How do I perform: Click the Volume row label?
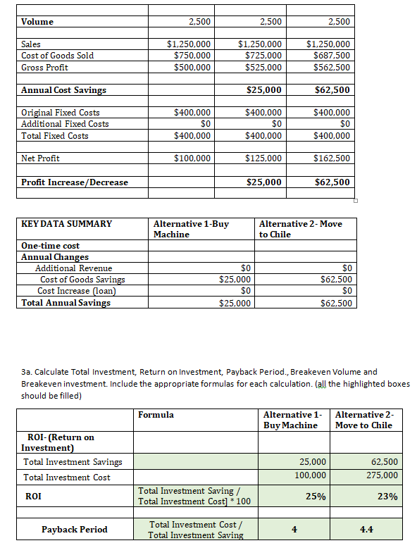click(x=37, y=22)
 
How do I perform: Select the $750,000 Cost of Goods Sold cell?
click(x=192, y=56)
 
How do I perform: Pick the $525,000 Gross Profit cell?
click(x=262, y=68)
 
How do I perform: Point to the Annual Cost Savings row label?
click(x=63, y=90)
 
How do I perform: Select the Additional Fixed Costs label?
click(x=65, y=124)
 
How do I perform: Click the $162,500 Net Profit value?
click(x=331, y=158)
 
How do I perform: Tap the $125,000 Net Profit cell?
click(x=262, y=158)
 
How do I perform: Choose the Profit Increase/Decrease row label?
click(x=75, y=182)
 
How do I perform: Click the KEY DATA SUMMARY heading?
click(x=67, y=224)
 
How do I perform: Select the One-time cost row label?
click(x=50, y=246)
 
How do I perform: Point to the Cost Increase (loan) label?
click(x=77, y=291)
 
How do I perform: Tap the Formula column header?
click(x=156, y=415)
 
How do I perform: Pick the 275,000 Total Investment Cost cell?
click(x=383, y=476)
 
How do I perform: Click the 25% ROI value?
click(x=315, y=497)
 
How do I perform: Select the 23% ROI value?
click(x=387, y=497)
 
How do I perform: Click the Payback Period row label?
click(x=74, y=530)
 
